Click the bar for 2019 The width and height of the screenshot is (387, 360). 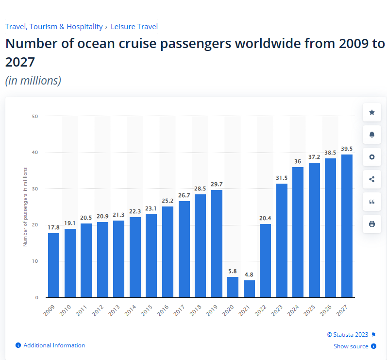217,243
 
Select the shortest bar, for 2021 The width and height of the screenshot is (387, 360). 249,289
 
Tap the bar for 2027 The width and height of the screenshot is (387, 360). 347,226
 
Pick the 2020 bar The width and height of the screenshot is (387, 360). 233,287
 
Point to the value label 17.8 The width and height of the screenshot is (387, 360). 53,227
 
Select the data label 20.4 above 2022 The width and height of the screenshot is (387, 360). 266,218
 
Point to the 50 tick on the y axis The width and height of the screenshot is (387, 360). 35,116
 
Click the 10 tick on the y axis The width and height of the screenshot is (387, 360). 35,261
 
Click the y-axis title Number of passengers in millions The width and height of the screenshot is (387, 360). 25,206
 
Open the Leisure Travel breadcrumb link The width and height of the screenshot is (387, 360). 134,27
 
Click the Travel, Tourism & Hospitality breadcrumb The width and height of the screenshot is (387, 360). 54,27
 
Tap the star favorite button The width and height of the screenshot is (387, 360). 372,112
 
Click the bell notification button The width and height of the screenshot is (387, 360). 372,135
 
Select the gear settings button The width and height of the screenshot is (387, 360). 372,157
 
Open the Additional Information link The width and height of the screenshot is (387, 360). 54,345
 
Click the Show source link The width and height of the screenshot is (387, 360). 351,346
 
